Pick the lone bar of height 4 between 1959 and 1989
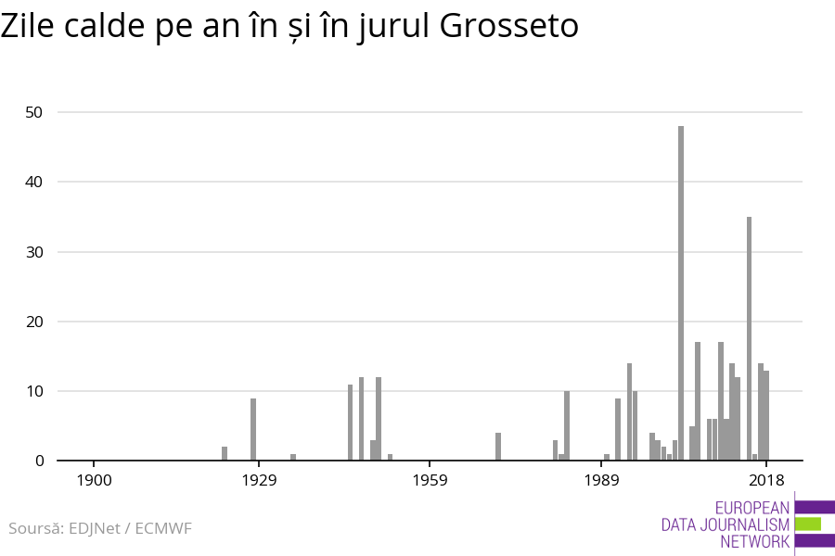498,447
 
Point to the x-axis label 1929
259,480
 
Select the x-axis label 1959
430,480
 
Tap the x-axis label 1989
601,480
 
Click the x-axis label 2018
766,480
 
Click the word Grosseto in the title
508,27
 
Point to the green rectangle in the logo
807,524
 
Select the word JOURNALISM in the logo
739,524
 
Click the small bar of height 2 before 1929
225,453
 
